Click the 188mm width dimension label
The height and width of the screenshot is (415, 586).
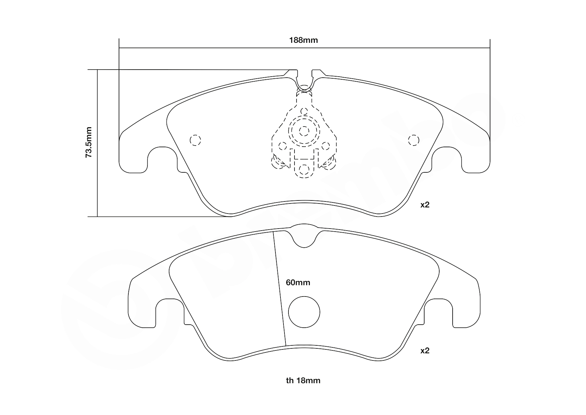(x=303, y=40)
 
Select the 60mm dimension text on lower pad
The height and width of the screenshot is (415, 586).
(x=298, y=282)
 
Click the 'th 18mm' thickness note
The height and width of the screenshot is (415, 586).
(x=303, y=381)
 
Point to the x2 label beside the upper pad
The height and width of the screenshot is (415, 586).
(x=425, y=205)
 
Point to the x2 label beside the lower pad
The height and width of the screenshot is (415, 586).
(x=425, y=351)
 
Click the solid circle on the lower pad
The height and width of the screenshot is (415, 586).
(x=304, y=312)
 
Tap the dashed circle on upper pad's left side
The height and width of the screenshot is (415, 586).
(x=195, y=140)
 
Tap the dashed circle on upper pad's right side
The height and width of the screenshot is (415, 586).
(x=414, y=140)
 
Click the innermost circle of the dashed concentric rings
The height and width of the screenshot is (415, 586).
(x=304, y=131)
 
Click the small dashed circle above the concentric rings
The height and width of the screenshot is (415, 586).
(x=304, y=111)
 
